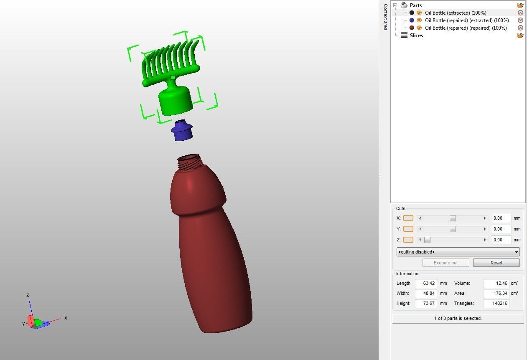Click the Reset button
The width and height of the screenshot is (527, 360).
tap(496, 263)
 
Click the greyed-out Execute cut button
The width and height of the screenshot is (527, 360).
tap(445, 263)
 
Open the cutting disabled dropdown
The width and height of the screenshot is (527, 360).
tap(458, 252)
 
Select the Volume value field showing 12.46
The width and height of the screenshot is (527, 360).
tap(496, 283)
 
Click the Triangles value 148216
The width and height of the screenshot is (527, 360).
tap(496, 303)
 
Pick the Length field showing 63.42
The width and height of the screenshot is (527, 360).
tap(426, 283)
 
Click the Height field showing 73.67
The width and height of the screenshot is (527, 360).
tap(426, 303)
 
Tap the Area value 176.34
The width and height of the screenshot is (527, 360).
tap(496, 293)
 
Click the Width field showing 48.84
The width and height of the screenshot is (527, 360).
tap(426, 293)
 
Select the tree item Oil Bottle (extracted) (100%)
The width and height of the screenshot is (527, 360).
tap(456, 13)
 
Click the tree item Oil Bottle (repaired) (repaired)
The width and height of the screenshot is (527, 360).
tap(466, 28)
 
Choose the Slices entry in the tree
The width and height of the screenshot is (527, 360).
tap(416, 35)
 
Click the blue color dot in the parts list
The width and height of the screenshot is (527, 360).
tap(412, 20)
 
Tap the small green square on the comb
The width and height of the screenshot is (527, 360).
tap(173, 77)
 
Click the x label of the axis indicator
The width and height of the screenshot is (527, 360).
tap(66, 318)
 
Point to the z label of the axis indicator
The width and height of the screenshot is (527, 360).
tap(28, 295)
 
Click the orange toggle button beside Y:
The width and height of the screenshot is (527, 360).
tap(408, 229)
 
